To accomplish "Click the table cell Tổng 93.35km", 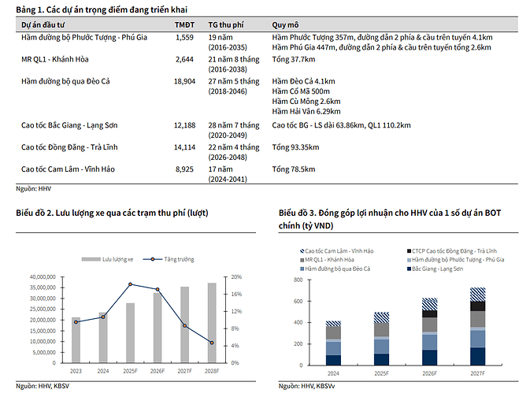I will pos(295,147).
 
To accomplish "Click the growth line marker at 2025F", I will pos(131,284).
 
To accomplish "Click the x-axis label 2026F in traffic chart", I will pos(158,370).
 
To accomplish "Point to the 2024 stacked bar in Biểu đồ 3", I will pos(333,343).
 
